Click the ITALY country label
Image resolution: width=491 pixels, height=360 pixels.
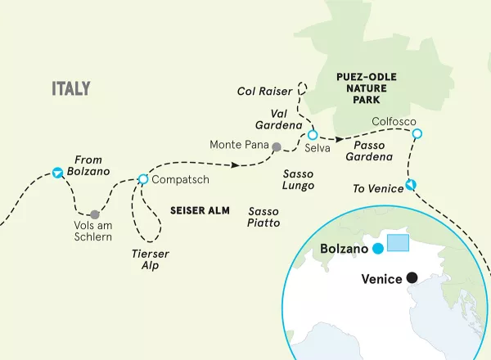tap(70, 88)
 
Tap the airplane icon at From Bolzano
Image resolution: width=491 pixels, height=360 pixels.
tap(57, 173)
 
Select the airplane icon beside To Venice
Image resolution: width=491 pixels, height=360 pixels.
tap(411, 184)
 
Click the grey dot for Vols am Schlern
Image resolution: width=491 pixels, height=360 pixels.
tap(96, 214)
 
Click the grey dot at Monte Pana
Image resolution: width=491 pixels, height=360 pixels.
tap(277, 147)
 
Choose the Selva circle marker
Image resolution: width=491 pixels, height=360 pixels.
tap(312, 135)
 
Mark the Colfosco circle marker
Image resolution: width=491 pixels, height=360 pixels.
tap(417, 133)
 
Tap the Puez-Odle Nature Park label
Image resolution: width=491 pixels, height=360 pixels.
tap(364, 89)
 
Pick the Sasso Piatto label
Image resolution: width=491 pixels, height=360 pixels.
tap(264, 216)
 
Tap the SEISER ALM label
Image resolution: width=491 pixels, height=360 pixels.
tap(200, 209)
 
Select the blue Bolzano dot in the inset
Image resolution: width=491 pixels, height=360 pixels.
tap(377, 248)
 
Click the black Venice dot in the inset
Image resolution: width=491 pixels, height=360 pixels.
tap(412, 279)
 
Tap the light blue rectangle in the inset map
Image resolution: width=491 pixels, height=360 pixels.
tap(398, 243)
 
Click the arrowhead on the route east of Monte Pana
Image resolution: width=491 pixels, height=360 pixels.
tap(236, 165)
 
